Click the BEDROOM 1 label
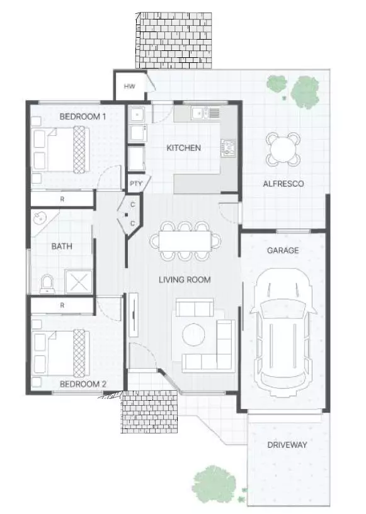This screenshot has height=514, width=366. (x=82, y=116)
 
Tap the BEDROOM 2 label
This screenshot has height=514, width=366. (x=82, y=383)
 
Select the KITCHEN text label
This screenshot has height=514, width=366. (x=183, y=148)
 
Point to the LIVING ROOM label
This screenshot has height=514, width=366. (x=185, y=279)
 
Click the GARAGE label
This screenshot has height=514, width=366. (x=282, y=250)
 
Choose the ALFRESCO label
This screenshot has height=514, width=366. (x=283, y=184)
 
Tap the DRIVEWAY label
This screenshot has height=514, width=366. (x=287, y=445)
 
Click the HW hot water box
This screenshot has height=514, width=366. (x=129, y=87)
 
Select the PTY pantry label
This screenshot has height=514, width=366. (x=135, y=184)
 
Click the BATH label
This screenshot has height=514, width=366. (x=62, y=246)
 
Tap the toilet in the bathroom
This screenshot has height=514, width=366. (x=47, y=284)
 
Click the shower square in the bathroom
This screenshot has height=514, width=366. (x=79, y=282)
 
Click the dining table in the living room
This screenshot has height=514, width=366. (x=186, y=240)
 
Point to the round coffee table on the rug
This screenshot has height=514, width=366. (x=194, y=334)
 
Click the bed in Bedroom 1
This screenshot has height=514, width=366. (x=60, y=149)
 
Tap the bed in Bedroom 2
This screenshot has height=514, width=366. (x=60, y=352)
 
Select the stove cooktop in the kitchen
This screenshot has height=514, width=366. (x=227, y=148)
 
